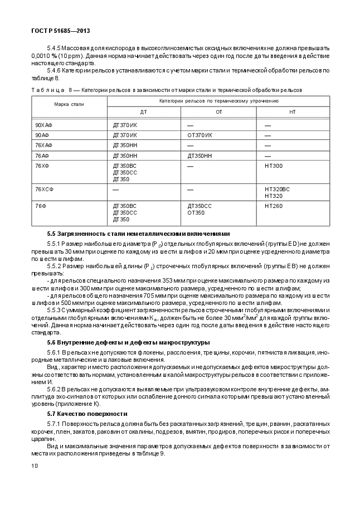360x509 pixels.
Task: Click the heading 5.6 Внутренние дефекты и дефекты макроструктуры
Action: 128,342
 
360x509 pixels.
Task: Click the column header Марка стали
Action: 69,104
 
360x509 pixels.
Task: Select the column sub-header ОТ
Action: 218,112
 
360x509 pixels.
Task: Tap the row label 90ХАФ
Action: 43,125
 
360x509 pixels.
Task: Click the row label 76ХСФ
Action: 44,190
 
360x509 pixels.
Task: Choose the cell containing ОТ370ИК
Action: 200,135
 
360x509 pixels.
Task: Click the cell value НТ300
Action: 274,166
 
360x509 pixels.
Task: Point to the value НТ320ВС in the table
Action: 277,190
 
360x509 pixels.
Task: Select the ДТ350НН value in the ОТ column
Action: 201,156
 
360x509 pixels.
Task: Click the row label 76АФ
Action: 42,156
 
